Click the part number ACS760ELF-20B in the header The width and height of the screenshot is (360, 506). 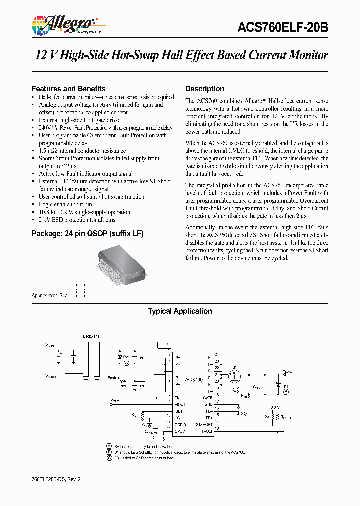tap(283, 28)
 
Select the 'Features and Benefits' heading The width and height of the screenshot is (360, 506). tap(68, 88)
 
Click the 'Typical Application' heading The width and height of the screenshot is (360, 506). tap(180, 311)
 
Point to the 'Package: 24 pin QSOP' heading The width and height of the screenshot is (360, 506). tap(87, 233)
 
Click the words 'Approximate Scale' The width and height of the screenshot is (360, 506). tap(52, 295)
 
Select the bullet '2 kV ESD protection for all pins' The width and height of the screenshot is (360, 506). tap(77, 220)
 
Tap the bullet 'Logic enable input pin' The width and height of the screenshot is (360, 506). tap(65, 204)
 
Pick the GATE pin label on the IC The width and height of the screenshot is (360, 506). tap(208, 397)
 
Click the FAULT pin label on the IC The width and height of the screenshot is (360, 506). tap(207, 431)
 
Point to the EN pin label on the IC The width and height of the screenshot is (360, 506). tap(177, 397)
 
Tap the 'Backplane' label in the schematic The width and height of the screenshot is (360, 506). tap(91, 336)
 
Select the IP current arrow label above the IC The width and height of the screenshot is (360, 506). tap(167, 344)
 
